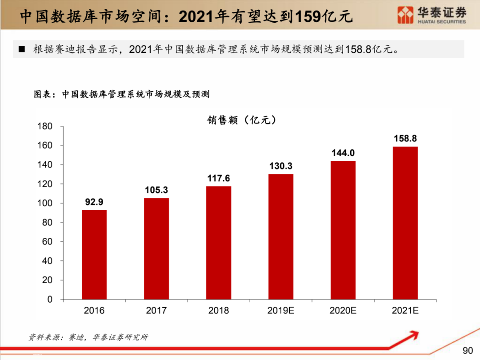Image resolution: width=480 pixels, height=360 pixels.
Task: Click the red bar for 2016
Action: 94,254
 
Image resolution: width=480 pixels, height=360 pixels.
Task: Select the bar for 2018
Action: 219,242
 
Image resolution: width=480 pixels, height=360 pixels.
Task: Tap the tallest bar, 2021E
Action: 405,223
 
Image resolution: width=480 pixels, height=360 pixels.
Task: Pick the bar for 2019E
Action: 281,236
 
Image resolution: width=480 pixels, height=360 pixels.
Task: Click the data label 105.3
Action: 156,190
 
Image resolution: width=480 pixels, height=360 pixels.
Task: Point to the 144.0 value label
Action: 343,153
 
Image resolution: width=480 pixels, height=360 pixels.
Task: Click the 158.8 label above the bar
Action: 405,138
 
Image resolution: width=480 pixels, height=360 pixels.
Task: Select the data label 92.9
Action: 94,202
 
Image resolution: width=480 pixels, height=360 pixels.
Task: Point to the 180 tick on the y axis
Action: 44,126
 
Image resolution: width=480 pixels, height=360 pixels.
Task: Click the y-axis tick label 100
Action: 44,203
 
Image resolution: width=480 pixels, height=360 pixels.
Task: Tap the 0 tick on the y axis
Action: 50,299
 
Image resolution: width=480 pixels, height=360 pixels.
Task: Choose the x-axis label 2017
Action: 156,311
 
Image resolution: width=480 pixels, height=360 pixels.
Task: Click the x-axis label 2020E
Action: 343,311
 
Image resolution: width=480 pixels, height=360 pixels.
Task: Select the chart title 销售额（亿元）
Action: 241,120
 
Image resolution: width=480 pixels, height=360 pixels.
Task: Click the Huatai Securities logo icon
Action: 405,15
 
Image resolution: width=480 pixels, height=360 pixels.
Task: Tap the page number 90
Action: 468,351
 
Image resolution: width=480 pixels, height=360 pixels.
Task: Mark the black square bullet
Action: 22,49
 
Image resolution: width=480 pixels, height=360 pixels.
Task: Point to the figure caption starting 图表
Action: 122,94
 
